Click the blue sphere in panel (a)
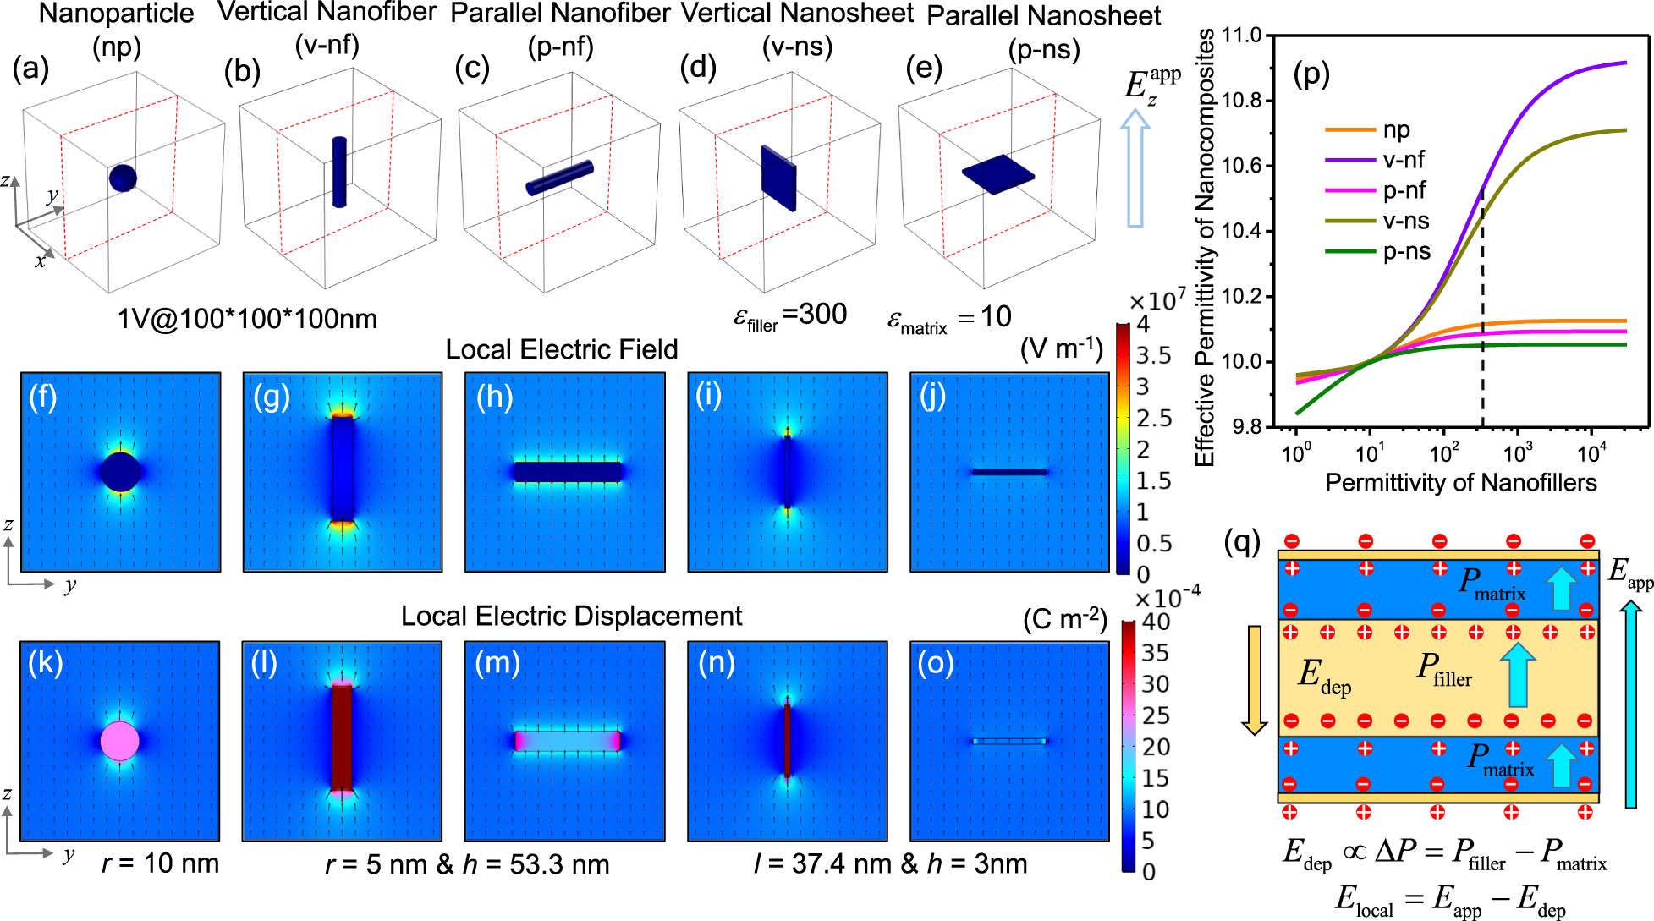(x=123, y=178)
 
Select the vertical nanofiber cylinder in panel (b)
(x=339, y=172)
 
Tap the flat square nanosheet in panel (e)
(x=998, y=173)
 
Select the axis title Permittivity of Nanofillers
(x=1460, y=483)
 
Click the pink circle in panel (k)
(x=119, y=741)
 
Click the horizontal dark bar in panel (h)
(x=567, y=472)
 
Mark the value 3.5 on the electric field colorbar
(x=1153, y=355)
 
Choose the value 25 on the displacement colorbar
(x=1156, y=715)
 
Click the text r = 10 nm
(x=160, y=863)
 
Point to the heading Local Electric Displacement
(x=571, y=617)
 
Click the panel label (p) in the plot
(x=1311, y=74)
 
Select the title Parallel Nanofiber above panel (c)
(x=560, y=14)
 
